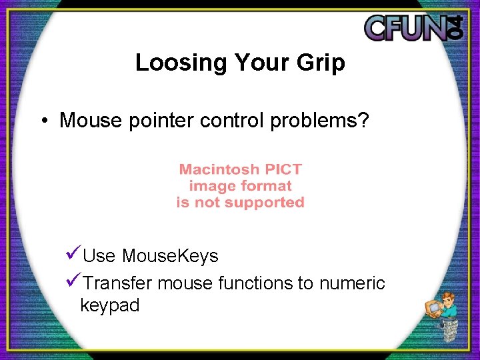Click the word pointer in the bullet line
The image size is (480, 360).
158,121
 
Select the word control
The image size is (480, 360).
235,121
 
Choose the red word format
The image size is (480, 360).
265,186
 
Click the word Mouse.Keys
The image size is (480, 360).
170,256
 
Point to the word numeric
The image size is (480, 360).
352,283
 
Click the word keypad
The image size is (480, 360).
109,305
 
